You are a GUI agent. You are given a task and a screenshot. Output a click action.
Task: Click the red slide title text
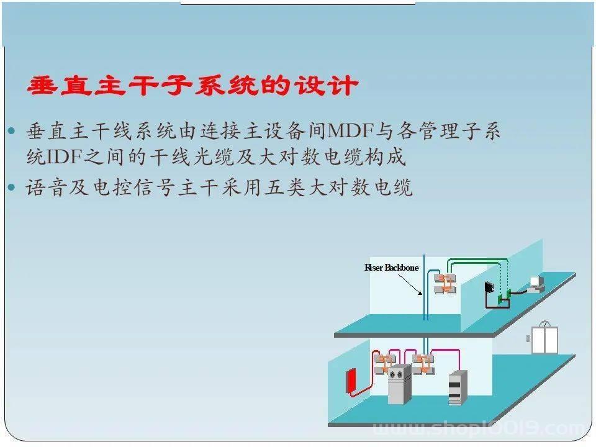pos(192,86)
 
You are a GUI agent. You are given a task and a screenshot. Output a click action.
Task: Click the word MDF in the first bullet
pos(350,131)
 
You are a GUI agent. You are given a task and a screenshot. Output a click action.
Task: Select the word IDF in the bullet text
pos(63,156)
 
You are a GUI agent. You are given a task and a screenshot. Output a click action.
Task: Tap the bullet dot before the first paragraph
pos(11,131)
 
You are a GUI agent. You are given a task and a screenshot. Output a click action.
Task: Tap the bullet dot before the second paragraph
pos(11,187)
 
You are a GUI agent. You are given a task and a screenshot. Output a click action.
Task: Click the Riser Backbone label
pos(392,268)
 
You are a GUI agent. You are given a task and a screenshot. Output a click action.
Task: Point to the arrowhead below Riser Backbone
pos(420,292)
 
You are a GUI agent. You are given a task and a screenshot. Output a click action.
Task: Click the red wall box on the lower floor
pos(351,381)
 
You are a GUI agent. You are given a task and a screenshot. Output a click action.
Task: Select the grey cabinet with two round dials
pos(399,384)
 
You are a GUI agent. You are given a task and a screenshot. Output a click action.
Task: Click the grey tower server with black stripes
pos(458,387)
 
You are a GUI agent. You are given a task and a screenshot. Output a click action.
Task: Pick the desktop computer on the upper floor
pos(536,285)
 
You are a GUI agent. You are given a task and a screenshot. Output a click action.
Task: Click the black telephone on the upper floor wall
pos(489,287)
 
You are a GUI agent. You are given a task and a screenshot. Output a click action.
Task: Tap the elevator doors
pos(544,340)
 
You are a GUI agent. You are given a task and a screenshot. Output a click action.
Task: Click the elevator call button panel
pos(528,338)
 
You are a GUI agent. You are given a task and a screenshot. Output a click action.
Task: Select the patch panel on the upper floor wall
pos(445,284)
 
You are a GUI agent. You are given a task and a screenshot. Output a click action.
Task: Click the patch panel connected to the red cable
pos(385,364)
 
